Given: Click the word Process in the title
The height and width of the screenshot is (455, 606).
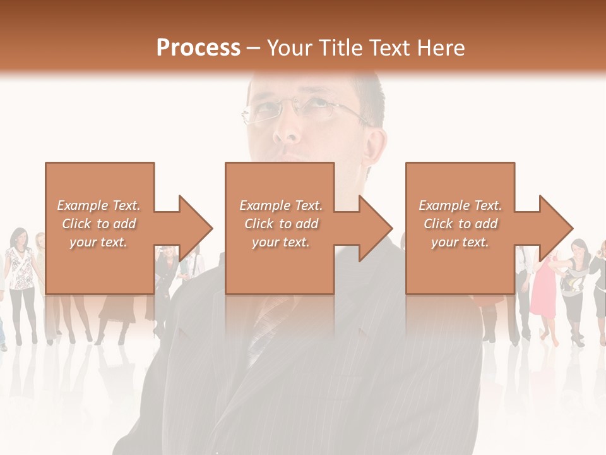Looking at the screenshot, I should tap(198, 48).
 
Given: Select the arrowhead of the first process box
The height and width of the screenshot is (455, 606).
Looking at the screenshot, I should tap(195, 228).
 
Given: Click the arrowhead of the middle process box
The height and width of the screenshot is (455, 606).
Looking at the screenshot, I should tap(375, 228).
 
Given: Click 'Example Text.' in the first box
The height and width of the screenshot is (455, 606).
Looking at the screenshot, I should tap(98, 205).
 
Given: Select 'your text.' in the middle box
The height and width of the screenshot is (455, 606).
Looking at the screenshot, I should tap(280, 242).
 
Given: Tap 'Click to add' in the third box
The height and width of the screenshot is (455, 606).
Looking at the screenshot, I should tap(460, 224).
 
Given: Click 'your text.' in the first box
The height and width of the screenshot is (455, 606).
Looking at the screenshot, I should tap(98, 242).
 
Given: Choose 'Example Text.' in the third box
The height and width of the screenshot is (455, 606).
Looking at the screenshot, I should tap(460, 205).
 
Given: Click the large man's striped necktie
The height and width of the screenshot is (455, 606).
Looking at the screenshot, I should tap(265, 329).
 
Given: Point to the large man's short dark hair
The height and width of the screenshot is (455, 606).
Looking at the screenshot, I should tap(369, 95).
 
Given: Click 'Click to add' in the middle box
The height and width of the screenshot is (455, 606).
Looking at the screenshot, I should tap(280, 224).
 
